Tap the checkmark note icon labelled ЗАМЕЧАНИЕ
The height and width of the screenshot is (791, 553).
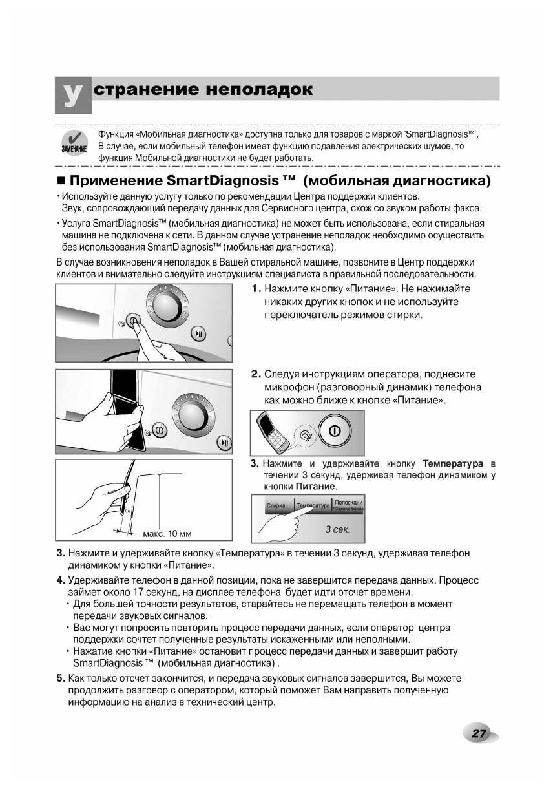click(74, 143)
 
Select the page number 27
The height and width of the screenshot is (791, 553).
click(478, 733)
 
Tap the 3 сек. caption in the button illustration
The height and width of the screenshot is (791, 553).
click(337, 529)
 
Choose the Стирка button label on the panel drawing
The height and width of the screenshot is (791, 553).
click(276, 506)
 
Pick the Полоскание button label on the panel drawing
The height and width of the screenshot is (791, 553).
click(349, 503)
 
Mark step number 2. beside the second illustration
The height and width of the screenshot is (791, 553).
click(256, 374)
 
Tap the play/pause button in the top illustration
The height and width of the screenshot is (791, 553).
click(198, 333)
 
